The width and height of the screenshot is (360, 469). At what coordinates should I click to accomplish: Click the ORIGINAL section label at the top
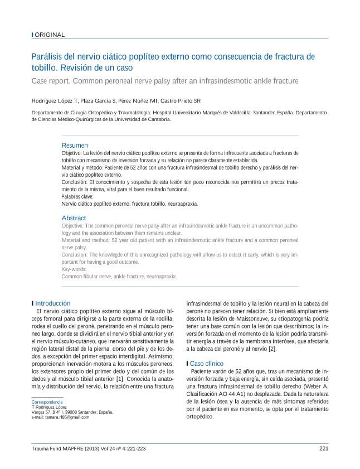[50, 35]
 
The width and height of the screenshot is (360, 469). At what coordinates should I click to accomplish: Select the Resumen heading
[74, 145]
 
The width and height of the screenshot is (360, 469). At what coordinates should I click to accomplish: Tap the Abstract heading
[74, 218]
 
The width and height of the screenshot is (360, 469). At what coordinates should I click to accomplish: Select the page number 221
[323, 448]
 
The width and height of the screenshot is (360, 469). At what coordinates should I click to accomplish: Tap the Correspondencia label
[47, 402]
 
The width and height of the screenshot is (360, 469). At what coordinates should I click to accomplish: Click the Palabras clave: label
[77, 197]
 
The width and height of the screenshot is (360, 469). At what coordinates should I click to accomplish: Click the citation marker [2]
[273, 349]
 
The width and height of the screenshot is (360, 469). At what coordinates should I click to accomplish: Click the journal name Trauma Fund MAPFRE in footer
[57, 448]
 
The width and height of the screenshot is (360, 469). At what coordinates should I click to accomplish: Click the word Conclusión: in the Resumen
[74, 182]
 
